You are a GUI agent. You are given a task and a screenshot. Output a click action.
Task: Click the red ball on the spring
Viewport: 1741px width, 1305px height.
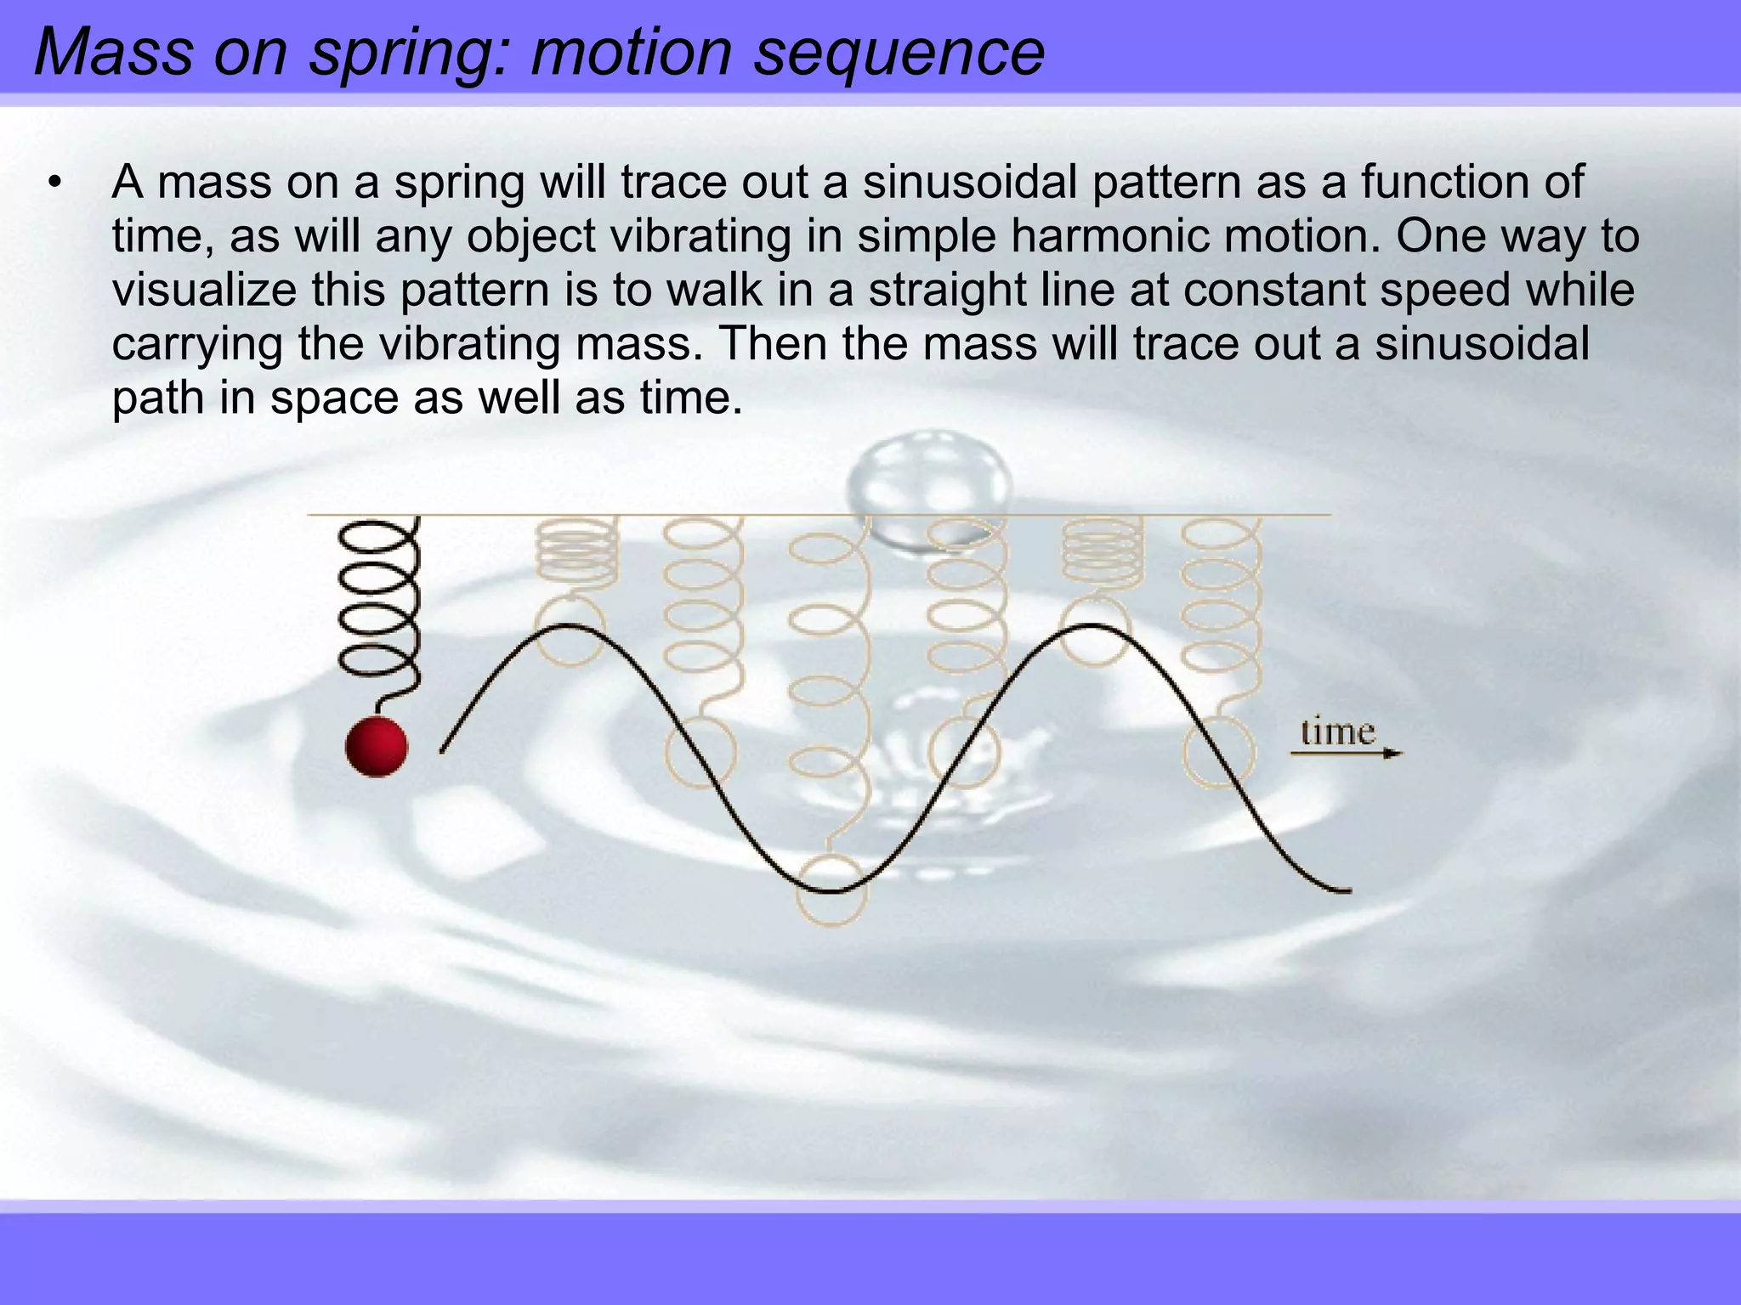pos(377,746)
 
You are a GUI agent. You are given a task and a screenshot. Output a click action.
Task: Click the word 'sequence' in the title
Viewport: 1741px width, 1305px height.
pos(899,53)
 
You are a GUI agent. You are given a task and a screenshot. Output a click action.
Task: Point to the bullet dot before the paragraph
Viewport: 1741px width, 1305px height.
pos(56,183)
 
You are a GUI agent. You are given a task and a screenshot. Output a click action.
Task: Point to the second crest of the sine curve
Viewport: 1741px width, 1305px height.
pos(1092,626)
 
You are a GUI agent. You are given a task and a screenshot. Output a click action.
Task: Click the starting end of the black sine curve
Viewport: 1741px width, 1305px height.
pos(443,750)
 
